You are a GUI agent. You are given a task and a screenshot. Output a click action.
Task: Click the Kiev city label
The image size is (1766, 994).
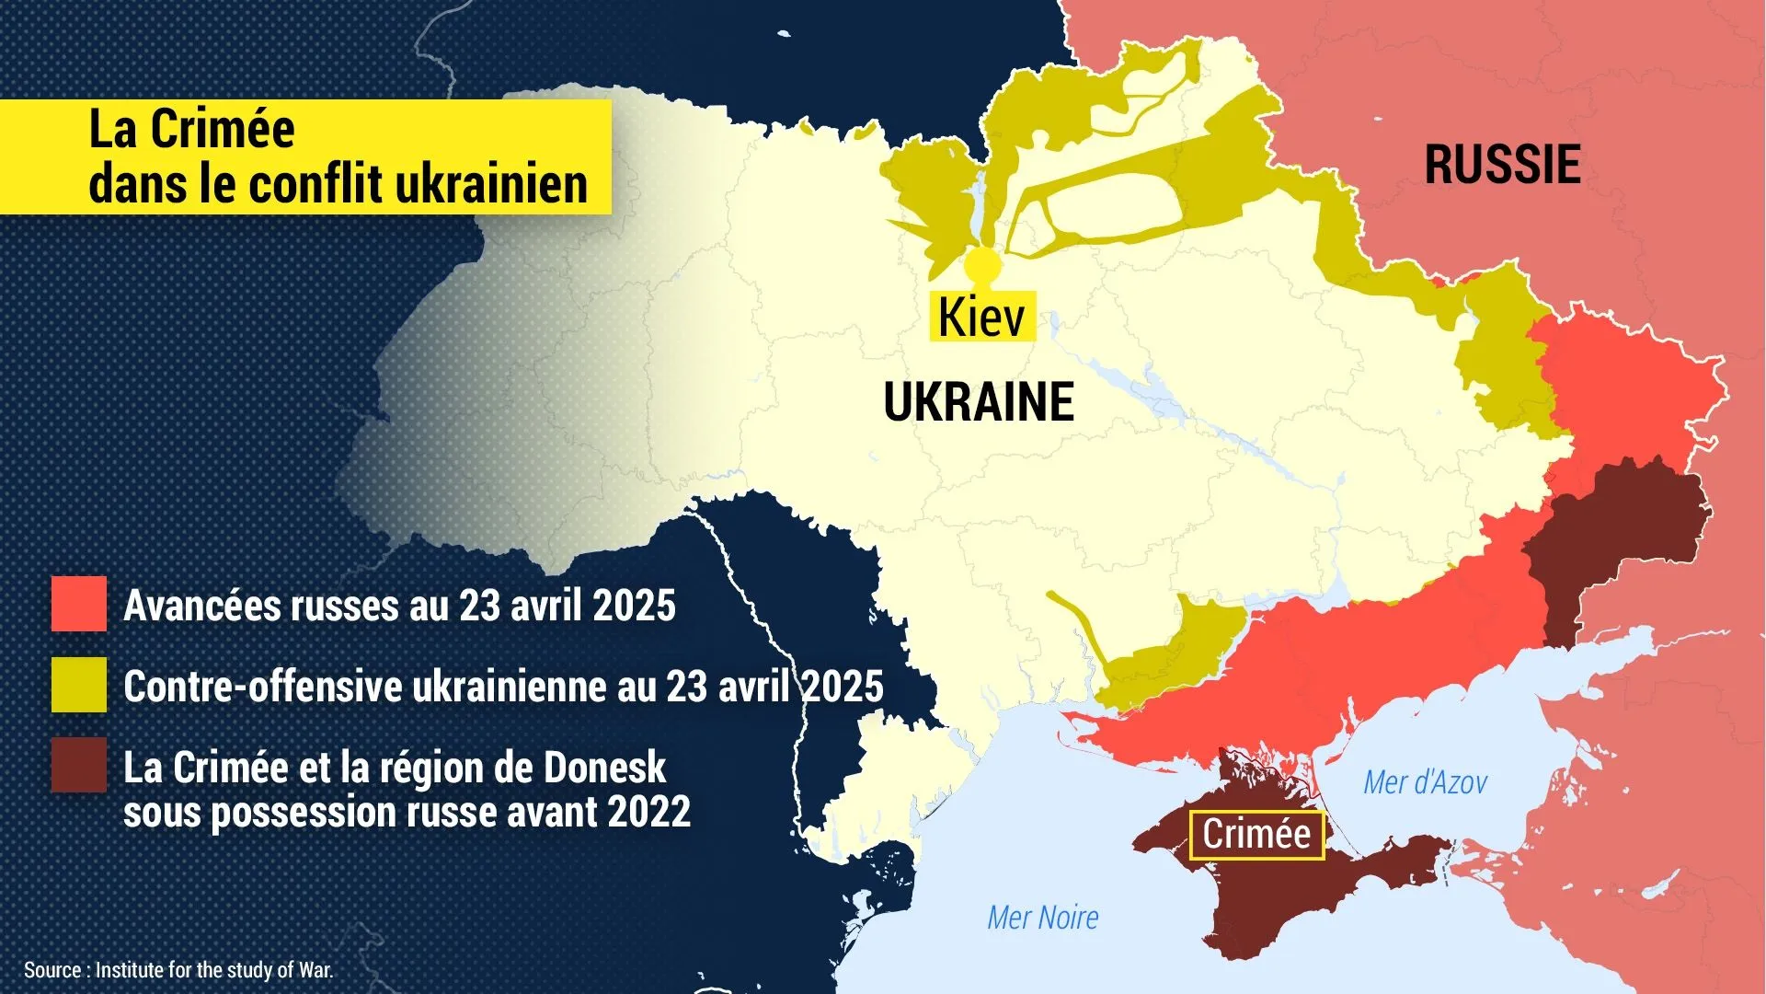point(981,318)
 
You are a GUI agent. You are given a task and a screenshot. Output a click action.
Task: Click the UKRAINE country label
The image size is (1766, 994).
point(979,402)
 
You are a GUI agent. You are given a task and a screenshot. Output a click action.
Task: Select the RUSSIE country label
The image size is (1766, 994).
point(1502,165)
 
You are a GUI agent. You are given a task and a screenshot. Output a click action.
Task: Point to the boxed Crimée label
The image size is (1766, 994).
point(1256,835)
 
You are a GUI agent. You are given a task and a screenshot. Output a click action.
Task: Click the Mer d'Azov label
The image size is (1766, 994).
point(1425,783)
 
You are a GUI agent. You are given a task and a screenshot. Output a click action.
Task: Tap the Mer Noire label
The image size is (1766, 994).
point(1043,918)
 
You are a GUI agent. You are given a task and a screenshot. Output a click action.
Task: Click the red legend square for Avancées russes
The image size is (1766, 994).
point(78,604)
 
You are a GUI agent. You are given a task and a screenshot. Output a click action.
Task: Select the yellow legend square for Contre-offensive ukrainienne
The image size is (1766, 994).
point(78,685)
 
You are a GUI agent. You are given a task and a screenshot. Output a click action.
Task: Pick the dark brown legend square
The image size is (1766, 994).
point(78,765)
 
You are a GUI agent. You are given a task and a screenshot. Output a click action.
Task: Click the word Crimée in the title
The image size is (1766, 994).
point(223,129)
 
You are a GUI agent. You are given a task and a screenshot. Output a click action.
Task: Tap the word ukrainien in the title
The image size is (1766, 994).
point(491,184)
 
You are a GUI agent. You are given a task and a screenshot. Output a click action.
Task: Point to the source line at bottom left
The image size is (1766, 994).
point(178,970)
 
